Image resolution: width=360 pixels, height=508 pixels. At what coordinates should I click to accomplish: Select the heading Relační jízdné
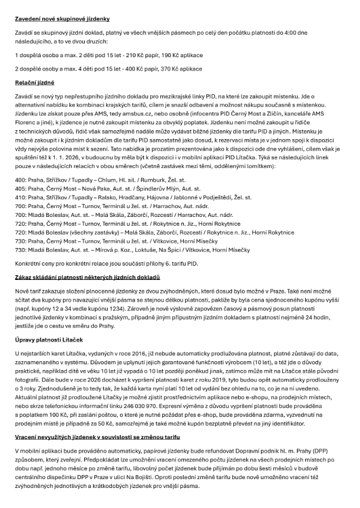tap(35, 83)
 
